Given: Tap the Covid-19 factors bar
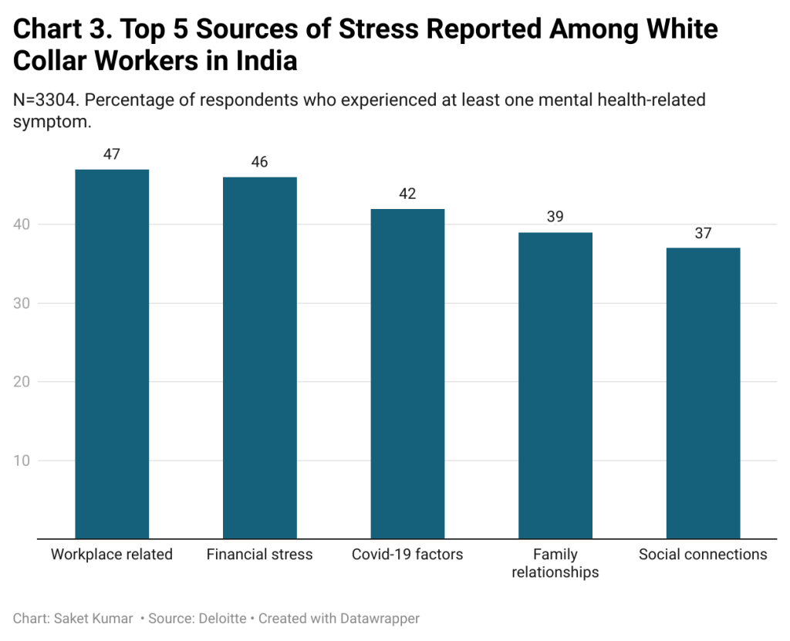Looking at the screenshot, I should [407, 373].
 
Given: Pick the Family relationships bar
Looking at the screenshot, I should [555, 385].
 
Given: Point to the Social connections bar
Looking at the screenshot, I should [703, 393].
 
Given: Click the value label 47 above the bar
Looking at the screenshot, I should [112, 154].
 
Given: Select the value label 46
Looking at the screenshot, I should [260, 162].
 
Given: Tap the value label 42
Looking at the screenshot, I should [407, 194].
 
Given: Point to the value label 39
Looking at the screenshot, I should [555, 217].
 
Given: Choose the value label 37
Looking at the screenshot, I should [703, 233].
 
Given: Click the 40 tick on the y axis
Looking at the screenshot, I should [22, 224].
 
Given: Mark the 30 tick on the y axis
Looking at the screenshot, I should [22, 303].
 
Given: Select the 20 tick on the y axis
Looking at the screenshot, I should [22, 382].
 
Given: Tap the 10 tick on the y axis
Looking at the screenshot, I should [22, 461].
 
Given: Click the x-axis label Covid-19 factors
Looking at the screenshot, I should [407, 555].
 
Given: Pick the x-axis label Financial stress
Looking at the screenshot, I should [260, 555].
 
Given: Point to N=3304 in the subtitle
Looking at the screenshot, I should [45, 100].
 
